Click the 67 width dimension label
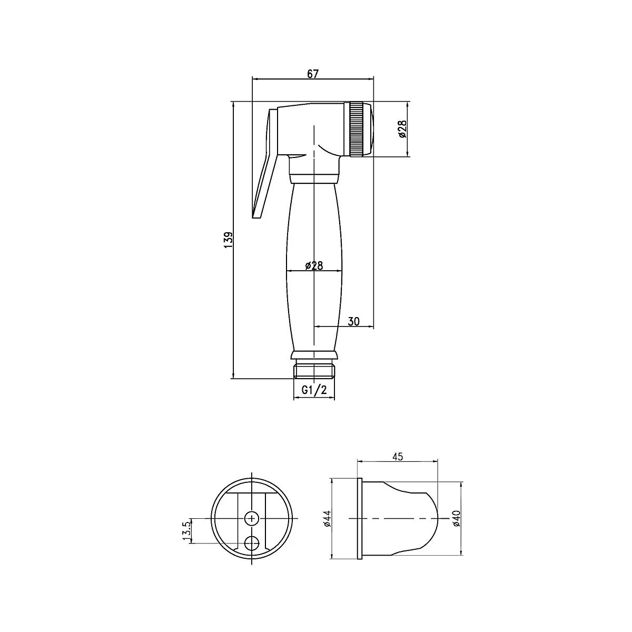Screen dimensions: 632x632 point(312,74)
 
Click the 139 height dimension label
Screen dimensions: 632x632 point(229,240)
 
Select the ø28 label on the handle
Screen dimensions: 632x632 point(314,265)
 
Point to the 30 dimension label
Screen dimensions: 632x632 point(353,321)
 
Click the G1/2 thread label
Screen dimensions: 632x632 point(314,390)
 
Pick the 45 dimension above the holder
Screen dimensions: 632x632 point(397,457)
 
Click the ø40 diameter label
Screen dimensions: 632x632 point(457,519)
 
